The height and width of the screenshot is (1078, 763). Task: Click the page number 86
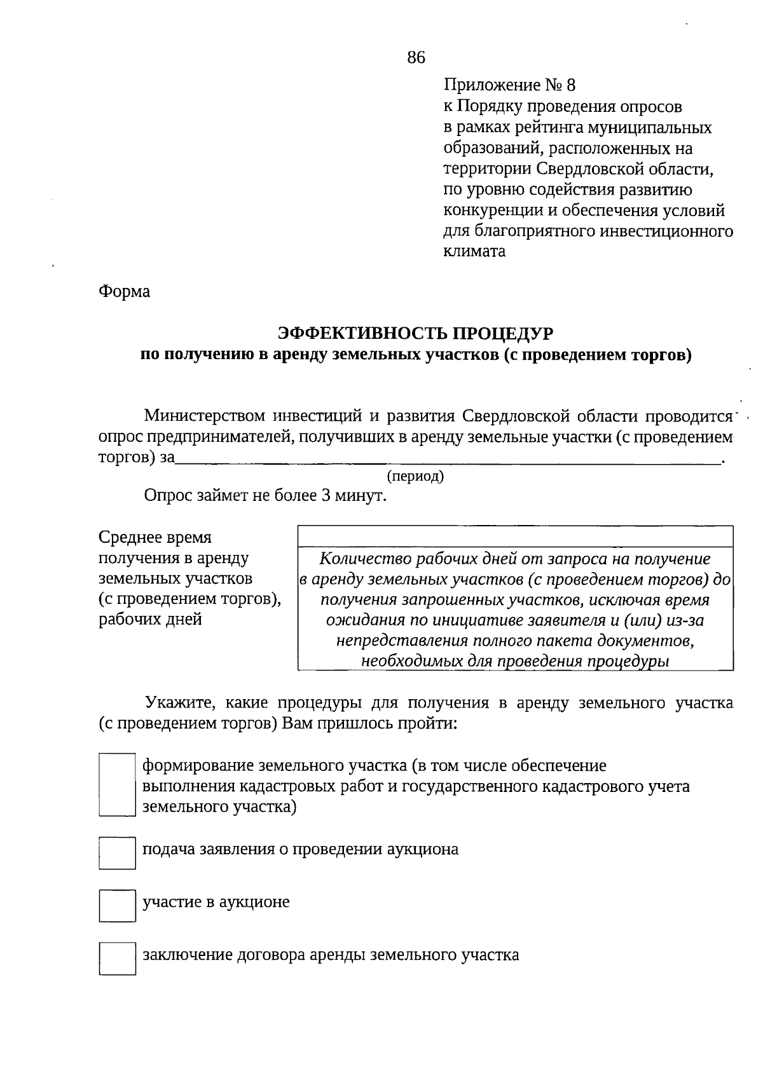[416, 58]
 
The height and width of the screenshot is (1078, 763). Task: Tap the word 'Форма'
[125, 292]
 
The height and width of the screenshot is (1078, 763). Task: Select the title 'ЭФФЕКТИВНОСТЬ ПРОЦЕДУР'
[416, 333]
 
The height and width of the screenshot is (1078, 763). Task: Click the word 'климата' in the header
[474, 251]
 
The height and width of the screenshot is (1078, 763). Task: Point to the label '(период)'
[415, 476]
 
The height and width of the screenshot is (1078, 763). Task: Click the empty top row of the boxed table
[515, 536]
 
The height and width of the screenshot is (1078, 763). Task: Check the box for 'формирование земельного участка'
[118, 785]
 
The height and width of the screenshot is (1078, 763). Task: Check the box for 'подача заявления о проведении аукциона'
[118, 852]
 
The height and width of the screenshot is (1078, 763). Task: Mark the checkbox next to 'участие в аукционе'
[118, 905]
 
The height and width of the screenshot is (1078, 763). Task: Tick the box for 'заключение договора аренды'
[118, 958]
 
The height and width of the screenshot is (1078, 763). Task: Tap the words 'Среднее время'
[155, 538]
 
